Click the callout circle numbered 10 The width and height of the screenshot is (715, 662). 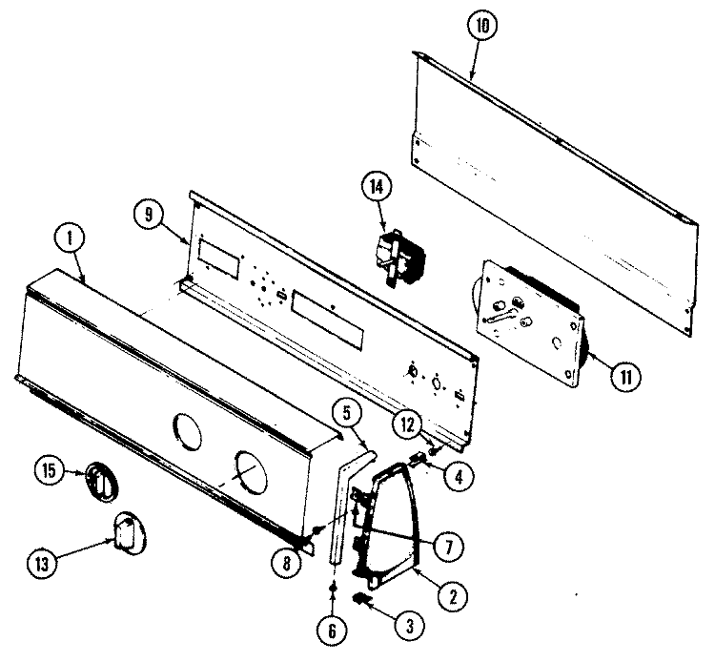(482, 25)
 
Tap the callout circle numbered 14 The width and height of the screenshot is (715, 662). (377, 188)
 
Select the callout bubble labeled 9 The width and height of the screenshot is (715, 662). (149, 215)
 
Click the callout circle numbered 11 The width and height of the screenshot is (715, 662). (625, 377)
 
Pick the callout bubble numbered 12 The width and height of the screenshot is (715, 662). (408, 425)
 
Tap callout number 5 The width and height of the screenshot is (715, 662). (347, 414)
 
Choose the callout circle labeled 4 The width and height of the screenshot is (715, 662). (460, 477)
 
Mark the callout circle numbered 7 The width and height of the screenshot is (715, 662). (449, 547)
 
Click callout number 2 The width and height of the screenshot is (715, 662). (452, 596)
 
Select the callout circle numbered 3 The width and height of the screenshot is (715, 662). (410, 626)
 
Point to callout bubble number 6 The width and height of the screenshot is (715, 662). (332, 631)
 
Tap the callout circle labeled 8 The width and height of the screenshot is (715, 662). (286, 564)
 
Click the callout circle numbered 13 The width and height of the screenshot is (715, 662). (42, 565)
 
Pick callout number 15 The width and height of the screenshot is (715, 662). (50, 470)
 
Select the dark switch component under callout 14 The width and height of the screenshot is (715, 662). (400, 259)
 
